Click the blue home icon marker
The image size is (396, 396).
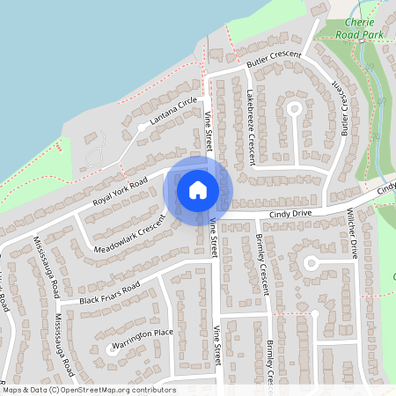click(x=198, y=189)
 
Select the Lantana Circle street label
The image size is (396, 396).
click(x=173, y=114)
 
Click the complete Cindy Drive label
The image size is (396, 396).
click(x=290, y=214)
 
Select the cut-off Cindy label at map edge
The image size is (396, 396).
click(x=386, y=188)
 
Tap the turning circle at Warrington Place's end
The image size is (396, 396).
click(x=110, y=349)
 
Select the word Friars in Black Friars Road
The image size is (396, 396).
click(x=106, y=295)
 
